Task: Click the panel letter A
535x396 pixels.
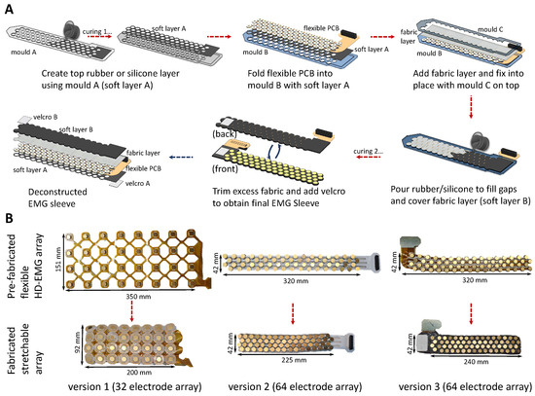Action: click(x=9, y=8)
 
